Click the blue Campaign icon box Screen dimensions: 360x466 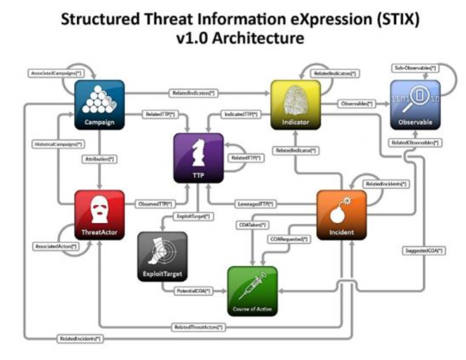click(99, 105)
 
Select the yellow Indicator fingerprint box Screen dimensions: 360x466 click(295, 105)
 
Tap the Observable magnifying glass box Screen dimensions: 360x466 click(415, 105)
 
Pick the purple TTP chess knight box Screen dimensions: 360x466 click(199, 158)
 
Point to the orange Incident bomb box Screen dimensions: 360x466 click(341, 215)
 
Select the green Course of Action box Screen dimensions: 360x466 click(253, 290)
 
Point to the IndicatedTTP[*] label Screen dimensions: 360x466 click(241, 115)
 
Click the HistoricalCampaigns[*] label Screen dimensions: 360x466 click(58, 144)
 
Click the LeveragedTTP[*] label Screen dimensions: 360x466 click(256, 204)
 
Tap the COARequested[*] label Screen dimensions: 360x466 click(288, 239)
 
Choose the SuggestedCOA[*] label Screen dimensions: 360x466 click(422, 251)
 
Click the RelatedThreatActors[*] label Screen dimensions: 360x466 click(199, 327)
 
